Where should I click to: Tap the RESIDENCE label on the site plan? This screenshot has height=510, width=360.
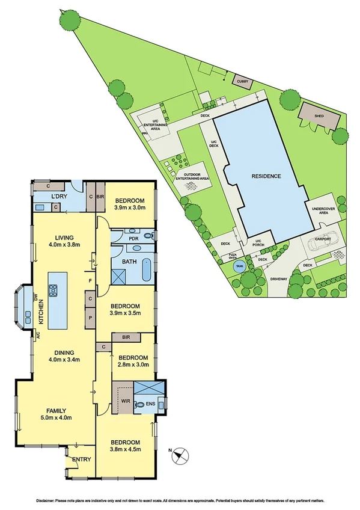pyautogui.click(x=266, y=176)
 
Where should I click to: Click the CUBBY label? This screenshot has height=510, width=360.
pyautogui.click(x=242, y=81)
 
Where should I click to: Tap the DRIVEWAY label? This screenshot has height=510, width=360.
pyautogui.click(x=279, y=280)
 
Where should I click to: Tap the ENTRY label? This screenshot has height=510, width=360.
pyautogui.click(x=81, y=460)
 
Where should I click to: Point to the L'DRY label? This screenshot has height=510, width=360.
pyautogui.click(x=58, y=197)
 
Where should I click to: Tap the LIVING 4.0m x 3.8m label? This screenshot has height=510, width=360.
pyautogui.click(x=64, y=241)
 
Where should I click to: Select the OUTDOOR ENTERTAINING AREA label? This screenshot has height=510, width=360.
pyautogui.click(x=192, y=176)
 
